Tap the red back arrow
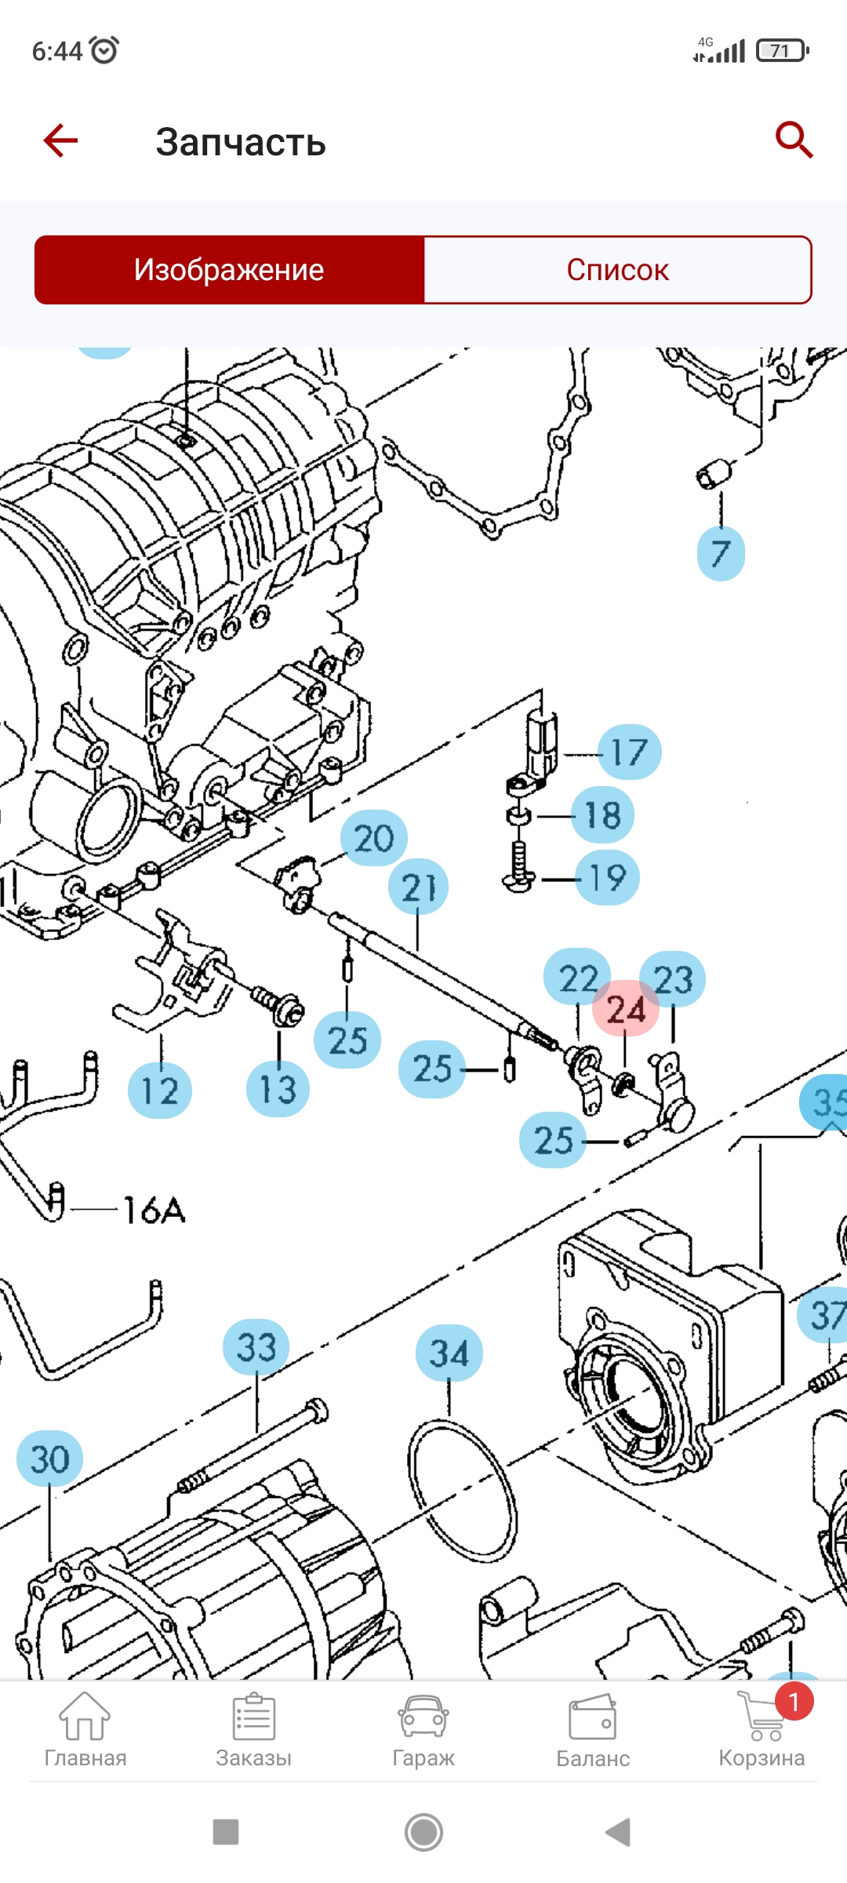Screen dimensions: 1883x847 (60, 141)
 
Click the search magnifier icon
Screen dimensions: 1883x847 (794, 140)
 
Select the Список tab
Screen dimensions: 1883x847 (617, 270)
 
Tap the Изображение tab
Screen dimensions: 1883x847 (229, 270)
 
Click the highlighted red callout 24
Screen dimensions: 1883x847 (625, 1009)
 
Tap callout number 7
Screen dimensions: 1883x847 (720, 553)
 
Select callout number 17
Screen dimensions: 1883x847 (629, 752)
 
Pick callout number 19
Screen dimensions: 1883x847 (607, 878)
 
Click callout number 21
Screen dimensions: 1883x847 (418, 887)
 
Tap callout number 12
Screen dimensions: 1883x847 (159, 1091)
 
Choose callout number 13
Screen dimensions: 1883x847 (278, 1089)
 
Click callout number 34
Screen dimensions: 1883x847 (449, 1353)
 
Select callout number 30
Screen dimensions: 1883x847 (49, 1459)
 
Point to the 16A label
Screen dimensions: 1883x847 (154, 1211)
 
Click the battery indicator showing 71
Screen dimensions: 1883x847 (782, 51)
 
